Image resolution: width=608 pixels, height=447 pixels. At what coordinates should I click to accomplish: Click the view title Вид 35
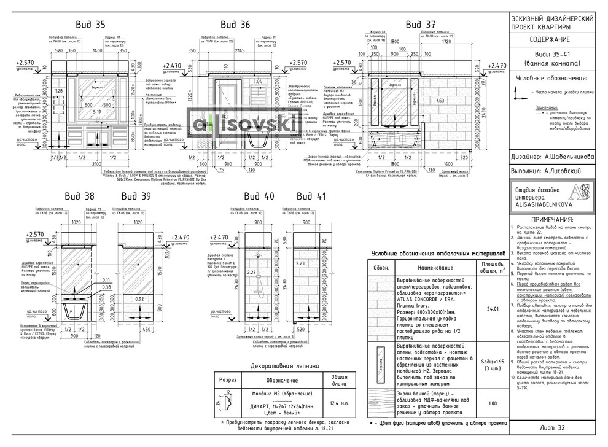pyautogui.click(x=90, y=25)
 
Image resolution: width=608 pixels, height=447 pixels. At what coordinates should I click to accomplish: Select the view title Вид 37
pyautogui.click(x=420, y=25)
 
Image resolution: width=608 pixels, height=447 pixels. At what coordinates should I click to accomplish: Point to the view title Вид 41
pyautogui.click(x=311, y=197)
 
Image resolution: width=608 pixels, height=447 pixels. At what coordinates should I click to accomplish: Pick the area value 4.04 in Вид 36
pyautogui.click(x=258, y=81)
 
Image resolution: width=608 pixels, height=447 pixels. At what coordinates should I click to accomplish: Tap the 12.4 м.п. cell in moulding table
pyautogui.click(x=337, y=403)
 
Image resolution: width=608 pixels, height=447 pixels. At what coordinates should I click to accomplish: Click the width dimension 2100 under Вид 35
pyautogui.click(x=92, y=165)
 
